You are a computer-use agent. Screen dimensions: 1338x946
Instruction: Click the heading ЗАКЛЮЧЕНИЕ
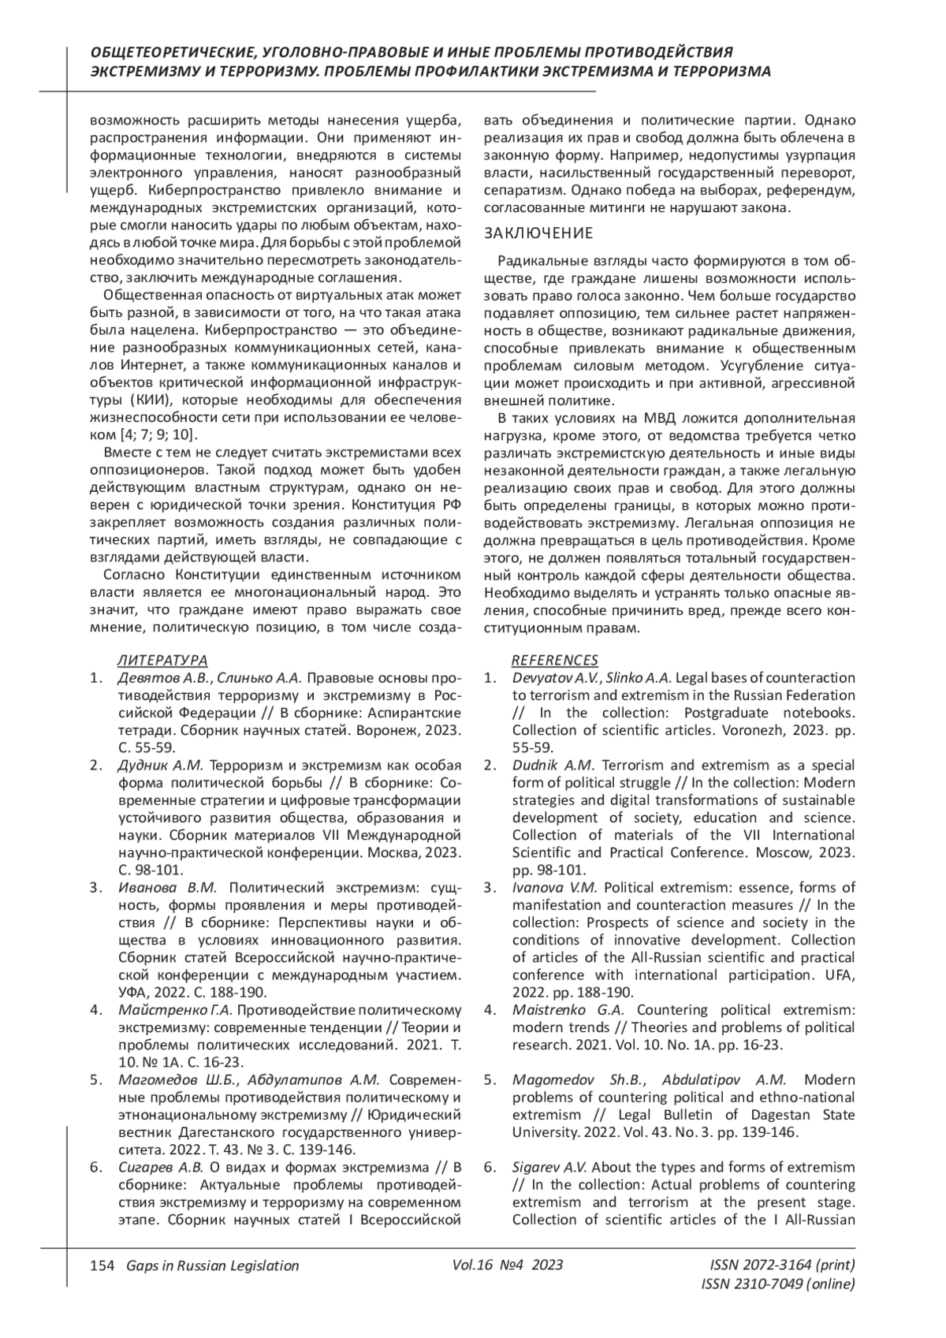[538, 233]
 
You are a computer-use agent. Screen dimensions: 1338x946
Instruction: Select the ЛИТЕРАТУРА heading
[162, 660]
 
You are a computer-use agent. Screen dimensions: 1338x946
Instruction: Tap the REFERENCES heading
[555, 660]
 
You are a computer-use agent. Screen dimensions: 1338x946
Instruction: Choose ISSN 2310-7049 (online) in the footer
[777, 1284]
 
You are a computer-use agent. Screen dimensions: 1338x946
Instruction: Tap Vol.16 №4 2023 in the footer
[508, 1265]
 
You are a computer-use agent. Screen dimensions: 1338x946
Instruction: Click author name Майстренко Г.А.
[174, 1011]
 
